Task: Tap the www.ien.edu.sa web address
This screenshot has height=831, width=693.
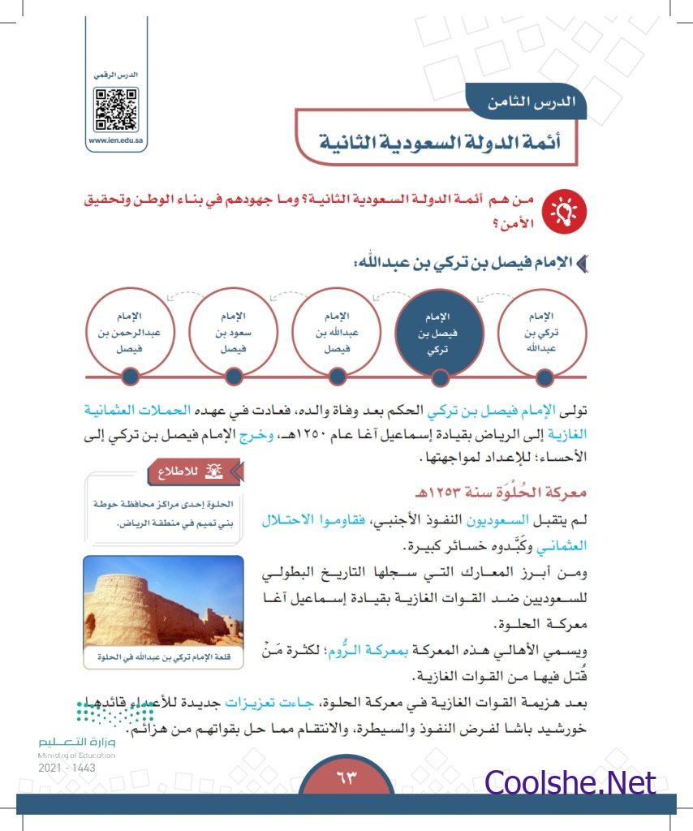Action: coord(116,140)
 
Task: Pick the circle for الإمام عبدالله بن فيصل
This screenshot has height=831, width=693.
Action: coord(337,332)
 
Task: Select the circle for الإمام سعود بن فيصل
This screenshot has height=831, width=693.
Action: coord(233,332)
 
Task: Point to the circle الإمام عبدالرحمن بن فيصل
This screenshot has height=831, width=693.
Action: coord(129,332)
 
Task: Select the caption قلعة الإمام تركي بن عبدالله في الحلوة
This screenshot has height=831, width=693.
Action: coord(164,657)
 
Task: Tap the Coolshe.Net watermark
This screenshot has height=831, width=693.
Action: coord(570,782)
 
